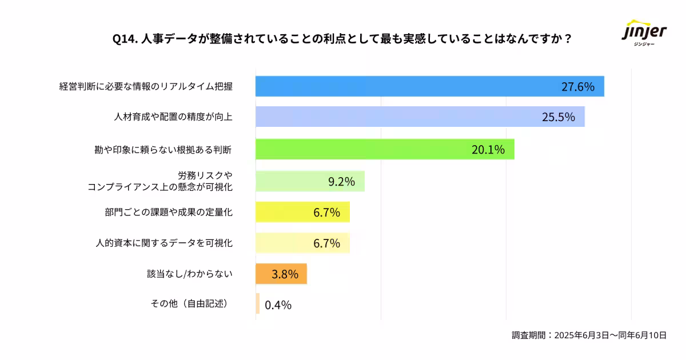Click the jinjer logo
644,33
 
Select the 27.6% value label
577,87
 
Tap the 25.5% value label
558,117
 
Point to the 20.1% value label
488,150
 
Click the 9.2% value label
341,182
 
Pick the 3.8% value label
285,274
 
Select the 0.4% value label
278,305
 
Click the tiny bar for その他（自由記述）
258,303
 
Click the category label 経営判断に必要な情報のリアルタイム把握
146,87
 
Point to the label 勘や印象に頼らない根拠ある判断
163,150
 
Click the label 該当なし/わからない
190,274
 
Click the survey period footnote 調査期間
589,335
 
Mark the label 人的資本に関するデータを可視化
164,243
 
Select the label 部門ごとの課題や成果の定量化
169,213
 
